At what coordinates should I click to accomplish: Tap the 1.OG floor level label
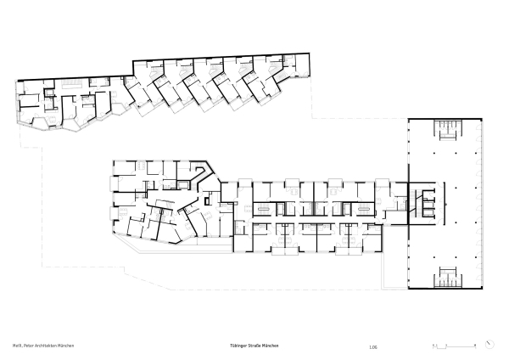click(373, 346)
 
